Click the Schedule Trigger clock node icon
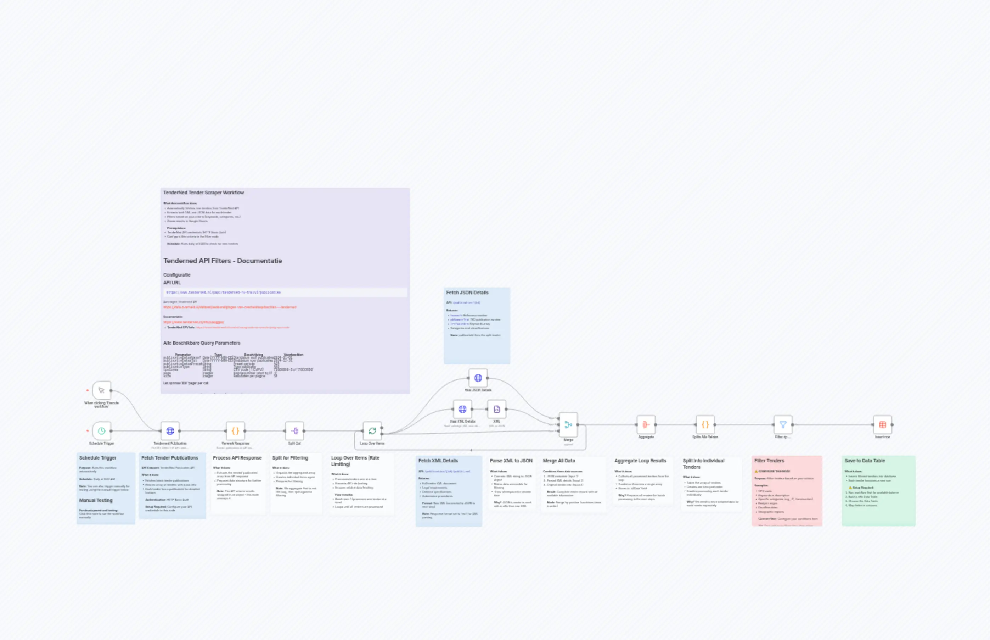pos(101,431)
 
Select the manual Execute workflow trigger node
pos(101,390)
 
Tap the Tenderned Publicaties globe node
pos(170,431)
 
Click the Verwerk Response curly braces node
pos(235,431)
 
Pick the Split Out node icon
pos(294,431)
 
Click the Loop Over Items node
pos(372,431)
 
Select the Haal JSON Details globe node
pos(478,378)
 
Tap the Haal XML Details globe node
pos(462,409)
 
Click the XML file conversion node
pos(497,409)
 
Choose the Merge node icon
pos(568,424)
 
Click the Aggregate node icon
pos(646,424)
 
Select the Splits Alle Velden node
pos(705,424)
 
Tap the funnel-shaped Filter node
pos(783,424)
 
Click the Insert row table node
pos(882,424)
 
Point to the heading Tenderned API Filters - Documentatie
pos(223,261)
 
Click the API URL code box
pos(285,292)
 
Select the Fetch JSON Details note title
pos(467,293)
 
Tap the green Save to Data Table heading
pos(865,461)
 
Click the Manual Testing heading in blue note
pos(96,500)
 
